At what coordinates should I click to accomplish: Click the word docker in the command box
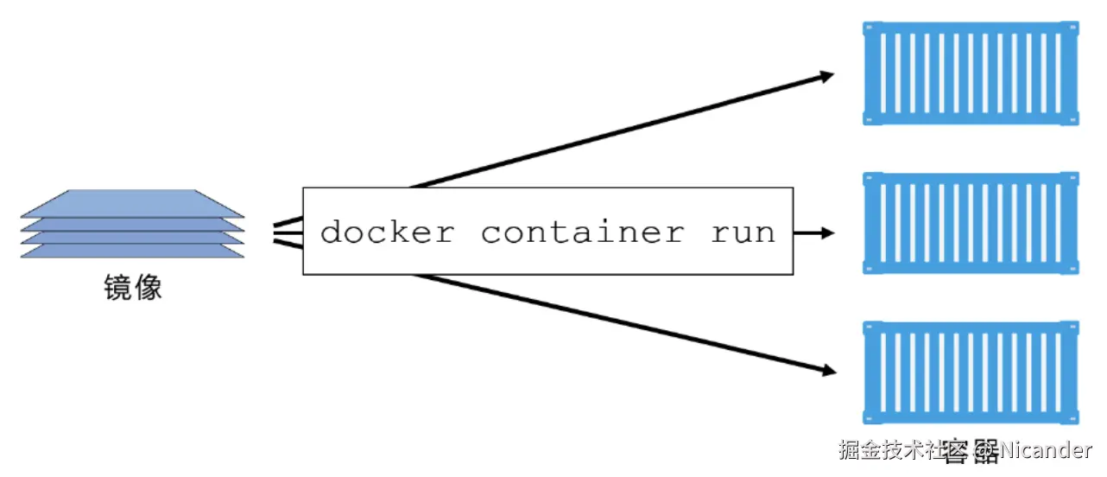point(387,232)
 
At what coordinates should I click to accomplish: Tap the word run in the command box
point(743,232)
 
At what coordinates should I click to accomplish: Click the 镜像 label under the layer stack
point(132,289)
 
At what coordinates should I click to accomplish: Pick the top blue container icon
point(971,73)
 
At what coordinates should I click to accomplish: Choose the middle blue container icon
point(971,223)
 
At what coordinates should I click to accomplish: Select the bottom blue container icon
point(971,372)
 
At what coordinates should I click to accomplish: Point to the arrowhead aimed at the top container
point(826,76)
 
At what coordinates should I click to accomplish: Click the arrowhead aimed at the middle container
point(826,232)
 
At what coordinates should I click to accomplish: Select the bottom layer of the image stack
point(132,251)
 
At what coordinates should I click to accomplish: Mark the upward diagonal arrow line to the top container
point(604,134)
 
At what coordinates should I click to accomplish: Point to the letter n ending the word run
point(766,232)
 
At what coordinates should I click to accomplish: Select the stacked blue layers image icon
point(132,224)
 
